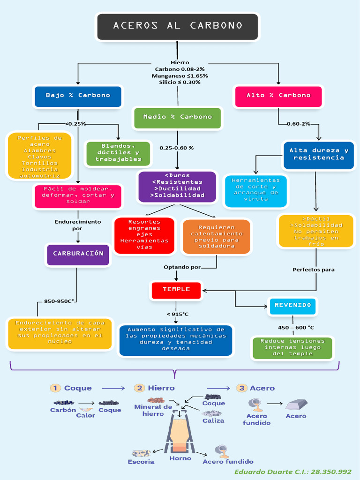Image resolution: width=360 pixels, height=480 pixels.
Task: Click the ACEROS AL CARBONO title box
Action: coord(178,27)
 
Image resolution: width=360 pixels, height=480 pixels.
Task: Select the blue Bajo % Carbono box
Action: coord(78,97)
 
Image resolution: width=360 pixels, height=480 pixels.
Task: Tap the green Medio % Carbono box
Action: coord(178,118)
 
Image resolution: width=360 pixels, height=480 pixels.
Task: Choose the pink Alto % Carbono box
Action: coord(278,97)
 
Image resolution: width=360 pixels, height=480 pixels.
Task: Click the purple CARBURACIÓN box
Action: coord(78,255)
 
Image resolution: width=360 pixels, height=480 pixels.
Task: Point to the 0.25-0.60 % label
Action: coord(177,148)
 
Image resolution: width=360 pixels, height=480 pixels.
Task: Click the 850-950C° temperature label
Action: coord(59,301)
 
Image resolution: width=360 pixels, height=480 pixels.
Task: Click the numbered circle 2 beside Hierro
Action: coord(139,388)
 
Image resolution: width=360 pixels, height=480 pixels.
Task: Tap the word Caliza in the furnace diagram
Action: coord(213,421)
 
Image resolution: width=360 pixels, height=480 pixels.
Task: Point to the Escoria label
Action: coord(141,462)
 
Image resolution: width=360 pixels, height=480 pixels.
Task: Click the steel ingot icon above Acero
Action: coord(296,405)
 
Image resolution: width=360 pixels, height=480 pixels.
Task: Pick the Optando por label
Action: coord(182,267)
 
